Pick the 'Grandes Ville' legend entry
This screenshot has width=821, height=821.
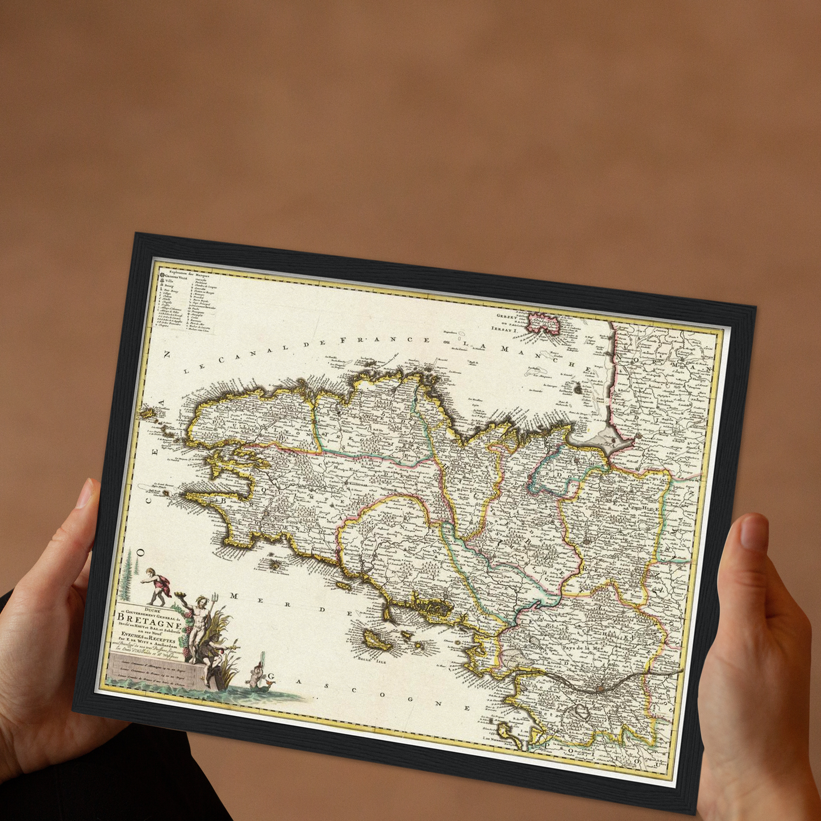point(178,278)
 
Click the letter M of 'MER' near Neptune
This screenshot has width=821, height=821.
point(234,595)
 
